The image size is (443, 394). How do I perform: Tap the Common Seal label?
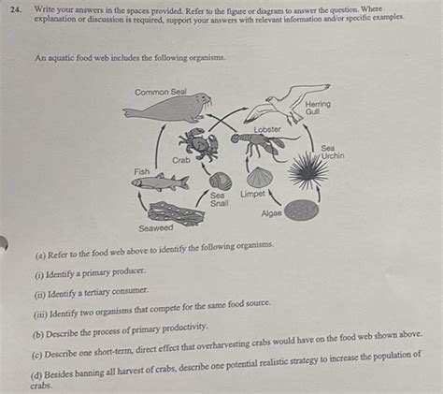(x=160, y=92)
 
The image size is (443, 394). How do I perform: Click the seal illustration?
(x=168, y=109)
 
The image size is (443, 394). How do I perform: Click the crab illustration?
(x=199, y=143)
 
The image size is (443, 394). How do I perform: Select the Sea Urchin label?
(x=333, y=152)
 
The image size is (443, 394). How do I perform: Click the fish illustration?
(x=160, y=182)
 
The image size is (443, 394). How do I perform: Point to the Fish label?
(x=142, y=171)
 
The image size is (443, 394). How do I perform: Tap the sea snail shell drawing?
(x=221, y=181)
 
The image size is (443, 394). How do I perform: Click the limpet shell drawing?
(x=260, y=177)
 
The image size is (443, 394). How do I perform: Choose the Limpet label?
(x=253, y=194)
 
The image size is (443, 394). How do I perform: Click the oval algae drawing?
(x=301, y=210)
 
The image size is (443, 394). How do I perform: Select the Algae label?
(x=272, y=213)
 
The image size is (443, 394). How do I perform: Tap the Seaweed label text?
(x=156, y=227)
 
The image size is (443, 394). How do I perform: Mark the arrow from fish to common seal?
(x=158, y=145)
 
